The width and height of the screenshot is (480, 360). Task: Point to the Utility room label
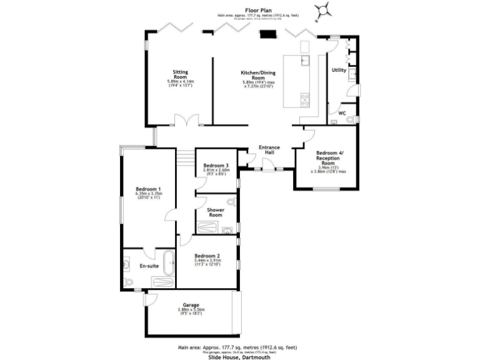tap(339, 70)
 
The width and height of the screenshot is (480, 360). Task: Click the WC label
tap(342, 113)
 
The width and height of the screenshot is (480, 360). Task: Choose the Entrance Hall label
tap(270, 151)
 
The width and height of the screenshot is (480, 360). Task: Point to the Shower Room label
tap(216, 212)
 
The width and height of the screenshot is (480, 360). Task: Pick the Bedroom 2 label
tap(207, 256)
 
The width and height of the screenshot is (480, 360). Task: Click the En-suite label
tap(149, 266)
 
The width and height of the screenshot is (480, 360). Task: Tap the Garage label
tap(191, 305)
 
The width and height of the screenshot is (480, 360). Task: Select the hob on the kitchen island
tap(305, 99)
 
